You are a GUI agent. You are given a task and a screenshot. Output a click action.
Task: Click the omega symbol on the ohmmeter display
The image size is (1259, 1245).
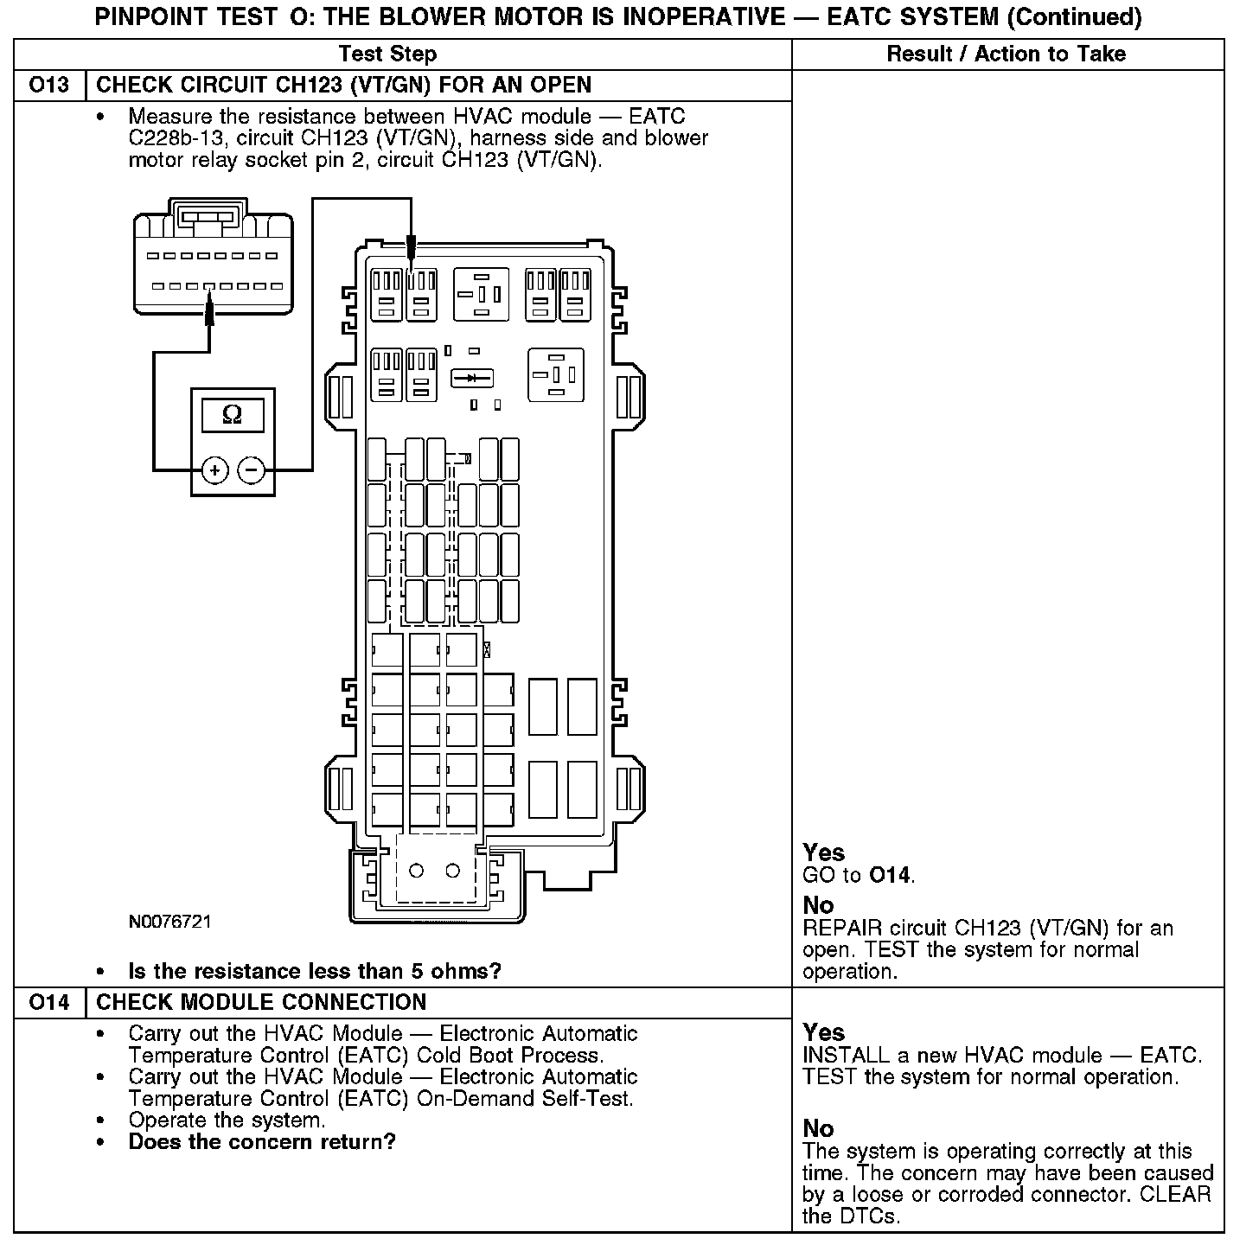tap(232, 414)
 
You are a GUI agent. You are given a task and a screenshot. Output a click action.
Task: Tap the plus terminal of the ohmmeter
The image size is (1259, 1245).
tap(214, 470)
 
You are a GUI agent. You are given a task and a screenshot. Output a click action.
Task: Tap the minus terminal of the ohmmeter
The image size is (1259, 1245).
tap(251, 470)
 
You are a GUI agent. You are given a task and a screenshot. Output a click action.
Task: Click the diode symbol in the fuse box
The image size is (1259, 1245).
tap(471, 378)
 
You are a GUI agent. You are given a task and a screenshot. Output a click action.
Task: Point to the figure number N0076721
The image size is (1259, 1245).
tap(169, 922)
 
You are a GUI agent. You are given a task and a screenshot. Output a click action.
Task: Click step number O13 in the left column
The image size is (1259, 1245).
tap(49, 85)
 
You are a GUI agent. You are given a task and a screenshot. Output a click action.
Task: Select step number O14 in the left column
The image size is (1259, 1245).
tap(49, 1002)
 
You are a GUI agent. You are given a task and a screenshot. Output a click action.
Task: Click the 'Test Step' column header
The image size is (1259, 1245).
tap(388, 54)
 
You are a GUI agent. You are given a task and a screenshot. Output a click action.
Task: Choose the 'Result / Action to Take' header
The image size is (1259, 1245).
tap(1007, 54)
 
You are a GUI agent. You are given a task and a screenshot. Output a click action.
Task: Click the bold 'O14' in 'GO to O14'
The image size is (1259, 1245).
tap(890, 875)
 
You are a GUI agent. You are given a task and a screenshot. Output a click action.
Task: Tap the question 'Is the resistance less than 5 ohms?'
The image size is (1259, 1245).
tap(315, 971)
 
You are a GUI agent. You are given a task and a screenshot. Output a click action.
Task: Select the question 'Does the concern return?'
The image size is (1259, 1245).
tap(262, 1142)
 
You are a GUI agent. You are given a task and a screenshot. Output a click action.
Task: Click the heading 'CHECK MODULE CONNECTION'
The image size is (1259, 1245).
tap(261, 1002)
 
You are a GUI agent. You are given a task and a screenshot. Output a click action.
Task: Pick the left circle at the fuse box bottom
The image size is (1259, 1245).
tap(416, 871)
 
